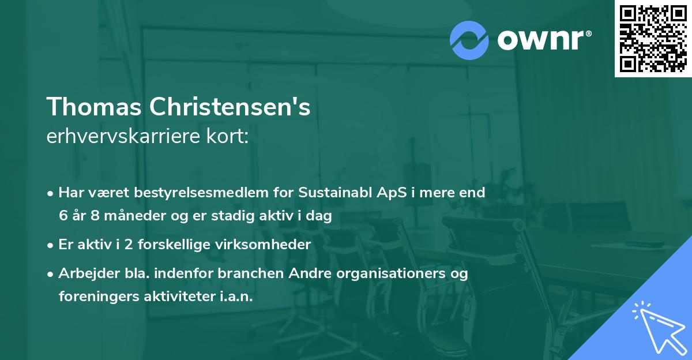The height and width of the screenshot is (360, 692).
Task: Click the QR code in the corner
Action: (x=653, y=39)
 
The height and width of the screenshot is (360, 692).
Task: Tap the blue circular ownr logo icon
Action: (x=469, y=40)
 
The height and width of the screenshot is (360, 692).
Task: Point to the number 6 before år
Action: (x=63, y=216)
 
